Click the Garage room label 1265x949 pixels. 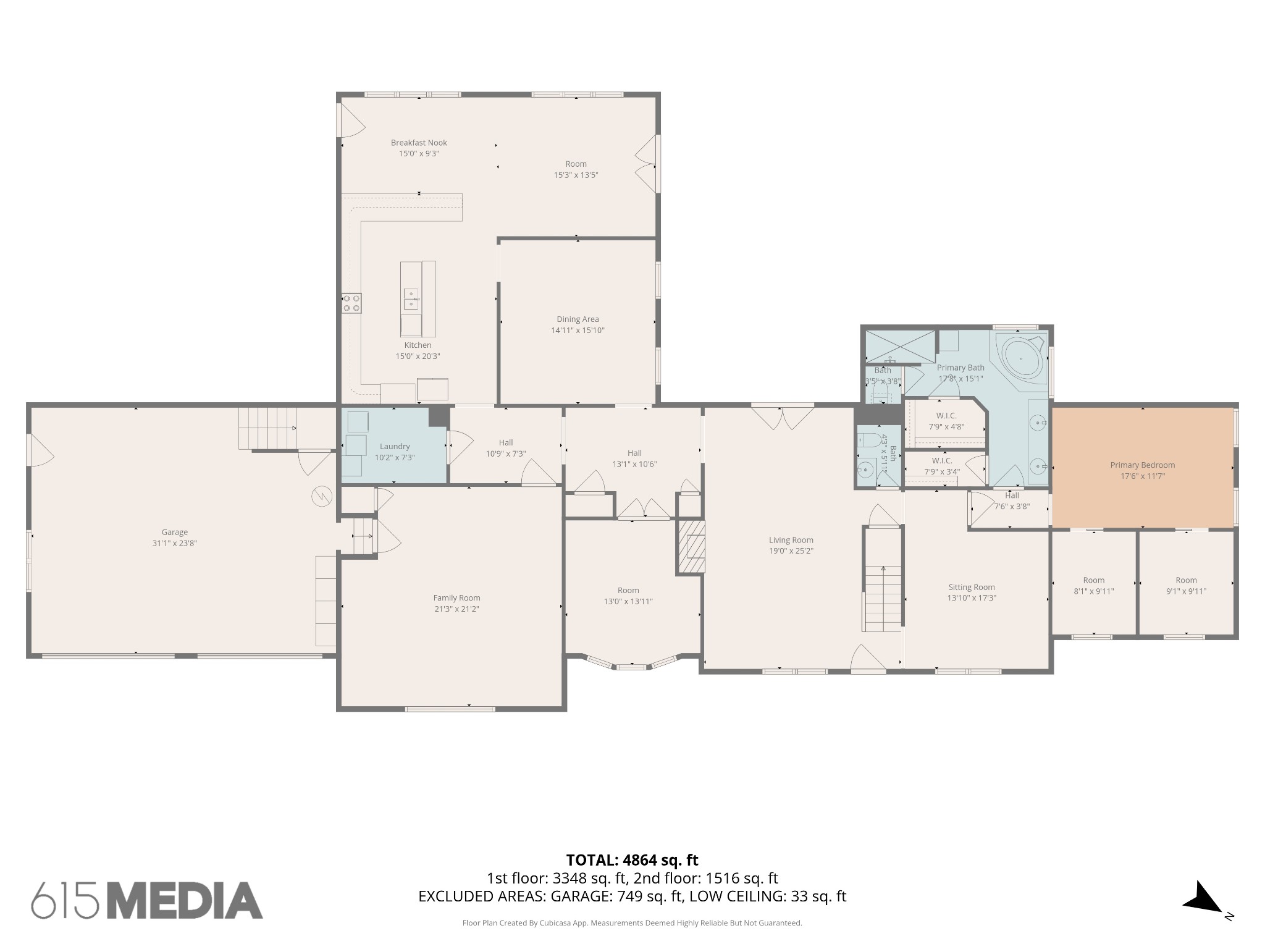pos(175,532)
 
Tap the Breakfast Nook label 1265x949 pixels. pos(419,143)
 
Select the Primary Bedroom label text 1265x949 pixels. pos(1143,465)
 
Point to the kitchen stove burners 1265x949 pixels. pos(351,303)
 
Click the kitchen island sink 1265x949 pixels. pos(411,298)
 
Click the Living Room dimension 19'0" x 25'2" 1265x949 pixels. pos(791,551)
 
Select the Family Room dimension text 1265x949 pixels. pos(456,609)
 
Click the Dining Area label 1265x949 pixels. pos(578,319)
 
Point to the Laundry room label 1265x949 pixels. pos(395,447)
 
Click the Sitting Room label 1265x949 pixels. pos(972,588)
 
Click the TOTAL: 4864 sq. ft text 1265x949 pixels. pos(632,860)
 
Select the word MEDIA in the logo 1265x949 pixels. pos(186,900)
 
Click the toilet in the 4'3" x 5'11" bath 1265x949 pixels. pos(870,439)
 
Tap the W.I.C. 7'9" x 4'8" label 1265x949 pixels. pos(946,421)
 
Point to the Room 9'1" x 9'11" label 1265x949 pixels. pos(1186,586)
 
